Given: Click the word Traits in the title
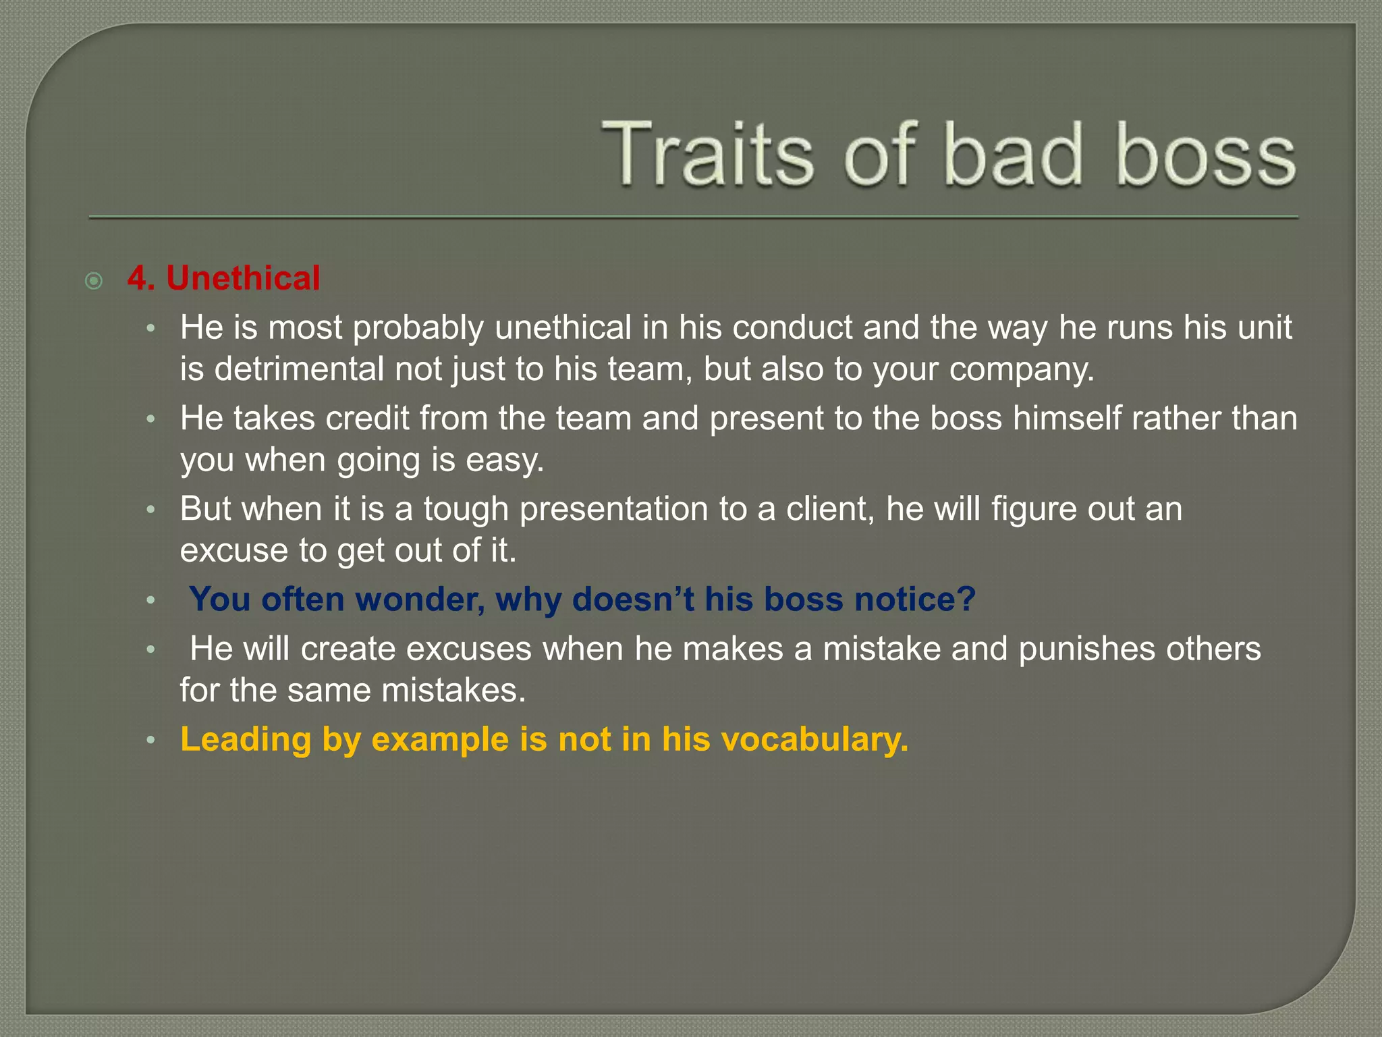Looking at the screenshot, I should coord(708,154).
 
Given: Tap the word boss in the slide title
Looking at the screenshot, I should coord(1206,154).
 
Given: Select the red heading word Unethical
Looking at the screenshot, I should coord(243,278).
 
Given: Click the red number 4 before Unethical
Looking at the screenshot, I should coord(138,278).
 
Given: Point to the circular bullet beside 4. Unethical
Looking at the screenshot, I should coord(94,280).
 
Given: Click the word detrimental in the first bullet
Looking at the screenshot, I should coord(299,369).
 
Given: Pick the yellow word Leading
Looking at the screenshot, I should coord(246,740).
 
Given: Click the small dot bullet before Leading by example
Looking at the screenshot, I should coord(151,741).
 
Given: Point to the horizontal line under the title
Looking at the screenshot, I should coord(694,217).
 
